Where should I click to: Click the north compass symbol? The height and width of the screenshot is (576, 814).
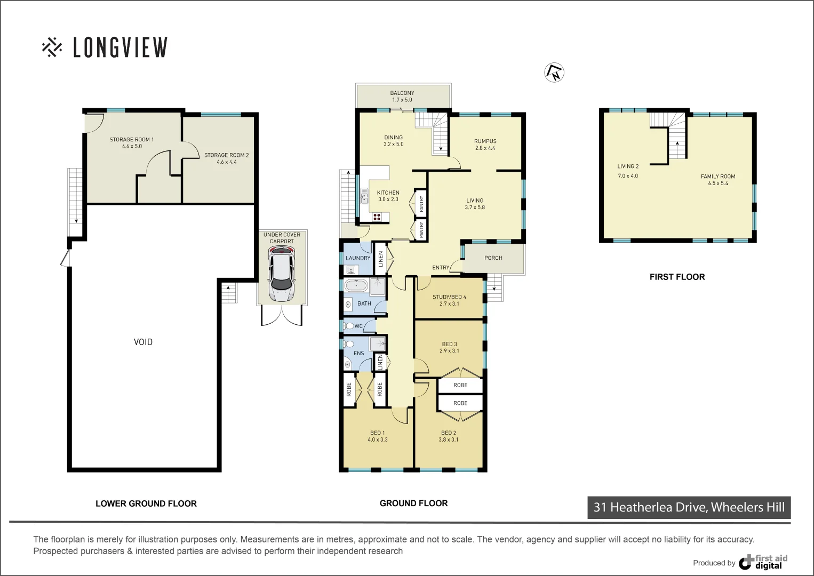(x=554, y=73)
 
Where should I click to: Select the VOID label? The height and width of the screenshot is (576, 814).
(x=143, y=342)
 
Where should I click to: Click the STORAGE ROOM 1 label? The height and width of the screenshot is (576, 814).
(x=132, y=140)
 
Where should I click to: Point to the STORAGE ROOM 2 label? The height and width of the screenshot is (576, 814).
(x=226, y=155)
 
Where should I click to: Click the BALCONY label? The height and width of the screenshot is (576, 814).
(x=402, y=93)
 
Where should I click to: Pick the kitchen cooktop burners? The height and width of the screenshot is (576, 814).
(x=377, y=217)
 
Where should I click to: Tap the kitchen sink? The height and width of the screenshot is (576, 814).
(x=364, y=196)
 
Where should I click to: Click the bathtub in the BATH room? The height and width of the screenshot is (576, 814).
(x=356, y=286)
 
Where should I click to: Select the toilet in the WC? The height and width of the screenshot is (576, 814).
(x=348, y=326)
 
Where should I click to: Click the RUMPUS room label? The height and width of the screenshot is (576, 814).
(x=485, y=141)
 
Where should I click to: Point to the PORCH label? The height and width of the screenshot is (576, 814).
(x=493, y=258)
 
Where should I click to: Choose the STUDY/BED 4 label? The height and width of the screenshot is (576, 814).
(x=449, y=297)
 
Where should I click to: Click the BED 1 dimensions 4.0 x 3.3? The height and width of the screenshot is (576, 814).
(x=378, y=440)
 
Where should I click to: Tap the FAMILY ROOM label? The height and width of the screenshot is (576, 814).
(x=717, y=177)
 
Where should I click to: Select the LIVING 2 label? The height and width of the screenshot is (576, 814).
(x=628, y=166)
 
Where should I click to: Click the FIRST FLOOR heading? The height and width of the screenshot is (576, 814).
(x=677, y=277)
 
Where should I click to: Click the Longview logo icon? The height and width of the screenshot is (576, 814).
(x=52, y=47)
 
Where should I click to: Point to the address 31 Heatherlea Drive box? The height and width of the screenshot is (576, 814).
(x=689, y=507)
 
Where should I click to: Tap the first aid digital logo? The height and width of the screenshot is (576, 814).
(x=763, y=562)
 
